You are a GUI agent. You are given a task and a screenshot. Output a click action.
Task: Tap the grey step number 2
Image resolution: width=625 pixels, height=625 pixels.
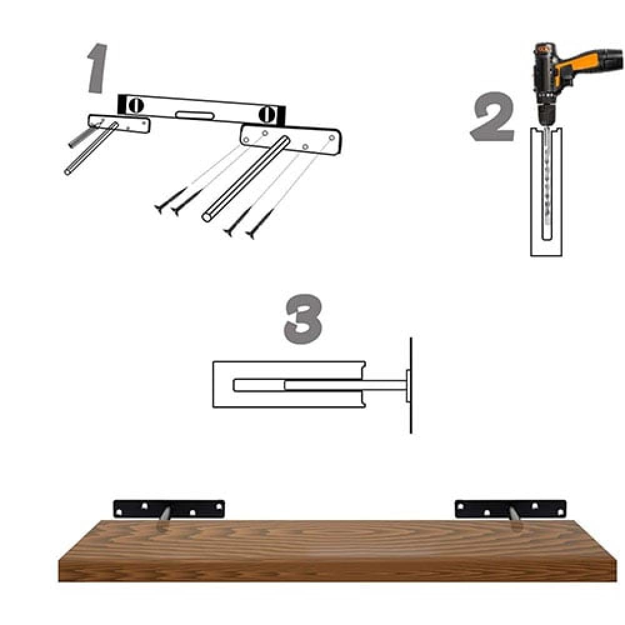pyautogui.click(x=492, y=116)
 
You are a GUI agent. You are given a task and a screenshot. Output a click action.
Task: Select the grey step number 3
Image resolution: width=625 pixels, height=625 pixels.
pyautogui.click(x=303, y=319)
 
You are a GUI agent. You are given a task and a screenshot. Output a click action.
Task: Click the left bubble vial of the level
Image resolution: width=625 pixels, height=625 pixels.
pyautogui.click(x=136, y=105)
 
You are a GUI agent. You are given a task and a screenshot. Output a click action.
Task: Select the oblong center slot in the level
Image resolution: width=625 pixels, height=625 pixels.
pyautogui.click(x=195, y=116)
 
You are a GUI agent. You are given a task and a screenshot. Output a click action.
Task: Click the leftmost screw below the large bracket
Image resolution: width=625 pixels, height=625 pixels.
pyautogui.click(x=171, y=200)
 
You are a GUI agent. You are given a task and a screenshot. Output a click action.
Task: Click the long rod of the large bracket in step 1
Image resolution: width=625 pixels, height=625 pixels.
pyautogui.click(x=246, y=179)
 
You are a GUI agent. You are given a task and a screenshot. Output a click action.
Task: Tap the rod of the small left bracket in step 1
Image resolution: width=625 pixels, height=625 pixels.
pyautogui.click(x=91, y=149)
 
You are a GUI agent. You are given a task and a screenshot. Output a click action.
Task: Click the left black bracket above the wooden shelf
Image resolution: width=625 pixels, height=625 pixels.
pyautogui.click(x=169, y=509)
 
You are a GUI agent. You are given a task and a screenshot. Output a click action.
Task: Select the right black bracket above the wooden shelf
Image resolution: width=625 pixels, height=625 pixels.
pyautogui.click(x=511, y=509)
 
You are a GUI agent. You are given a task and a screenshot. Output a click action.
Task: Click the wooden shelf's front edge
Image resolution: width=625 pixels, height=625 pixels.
pyautogui.click(x=337, y=571)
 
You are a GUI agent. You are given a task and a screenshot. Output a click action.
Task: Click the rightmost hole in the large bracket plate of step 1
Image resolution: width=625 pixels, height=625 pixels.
pyautogui.click(x=332, y=137)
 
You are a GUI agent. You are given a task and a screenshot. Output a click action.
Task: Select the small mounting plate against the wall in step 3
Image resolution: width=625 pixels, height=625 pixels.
pyautogui.click(x=408, y=386)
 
